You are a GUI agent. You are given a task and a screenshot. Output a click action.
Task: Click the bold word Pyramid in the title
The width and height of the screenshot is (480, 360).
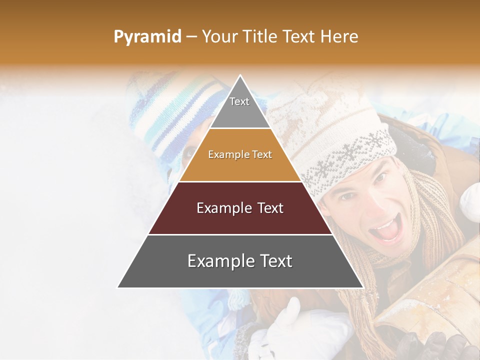click(x=147, y=36)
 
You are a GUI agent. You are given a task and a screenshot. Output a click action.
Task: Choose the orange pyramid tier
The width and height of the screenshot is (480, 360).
click(x=240, y=155)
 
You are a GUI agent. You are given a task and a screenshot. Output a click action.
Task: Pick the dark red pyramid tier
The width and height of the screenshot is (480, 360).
click(x=240, y=208)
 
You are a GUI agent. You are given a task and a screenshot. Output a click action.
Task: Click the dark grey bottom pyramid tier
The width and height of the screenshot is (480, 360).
click(x=240, y=261)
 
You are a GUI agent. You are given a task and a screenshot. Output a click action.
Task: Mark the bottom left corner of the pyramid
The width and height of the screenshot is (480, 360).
click(x=118, y=287)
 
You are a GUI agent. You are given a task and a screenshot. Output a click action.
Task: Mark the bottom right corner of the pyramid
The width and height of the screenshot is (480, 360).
click(x=363, y=287)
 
